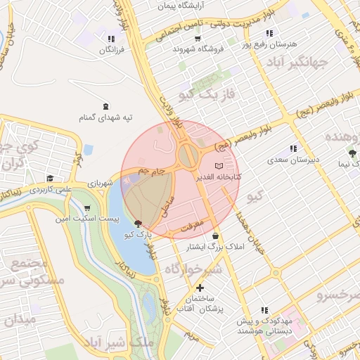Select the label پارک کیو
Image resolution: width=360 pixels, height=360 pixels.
(138, 233)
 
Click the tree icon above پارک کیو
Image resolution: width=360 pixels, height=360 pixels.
(138, 223)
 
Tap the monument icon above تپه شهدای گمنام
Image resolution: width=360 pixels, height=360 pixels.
(105, 106)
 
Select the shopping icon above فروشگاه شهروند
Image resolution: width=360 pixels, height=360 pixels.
(185, 38)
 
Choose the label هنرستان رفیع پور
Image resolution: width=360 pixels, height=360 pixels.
(269, 44)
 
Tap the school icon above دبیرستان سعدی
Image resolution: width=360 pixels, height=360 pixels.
(293, 148)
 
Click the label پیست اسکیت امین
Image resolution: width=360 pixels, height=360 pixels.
(86, 219)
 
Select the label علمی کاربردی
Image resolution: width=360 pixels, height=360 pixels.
(51, 189)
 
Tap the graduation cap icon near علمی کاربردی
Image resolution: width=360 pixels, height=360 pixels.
(50, 179)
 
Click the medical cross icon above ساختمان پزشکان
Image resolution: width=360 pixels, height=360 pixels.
(200, 288)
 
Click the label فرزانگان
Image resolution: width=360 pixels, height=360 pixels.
(111, 51)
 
